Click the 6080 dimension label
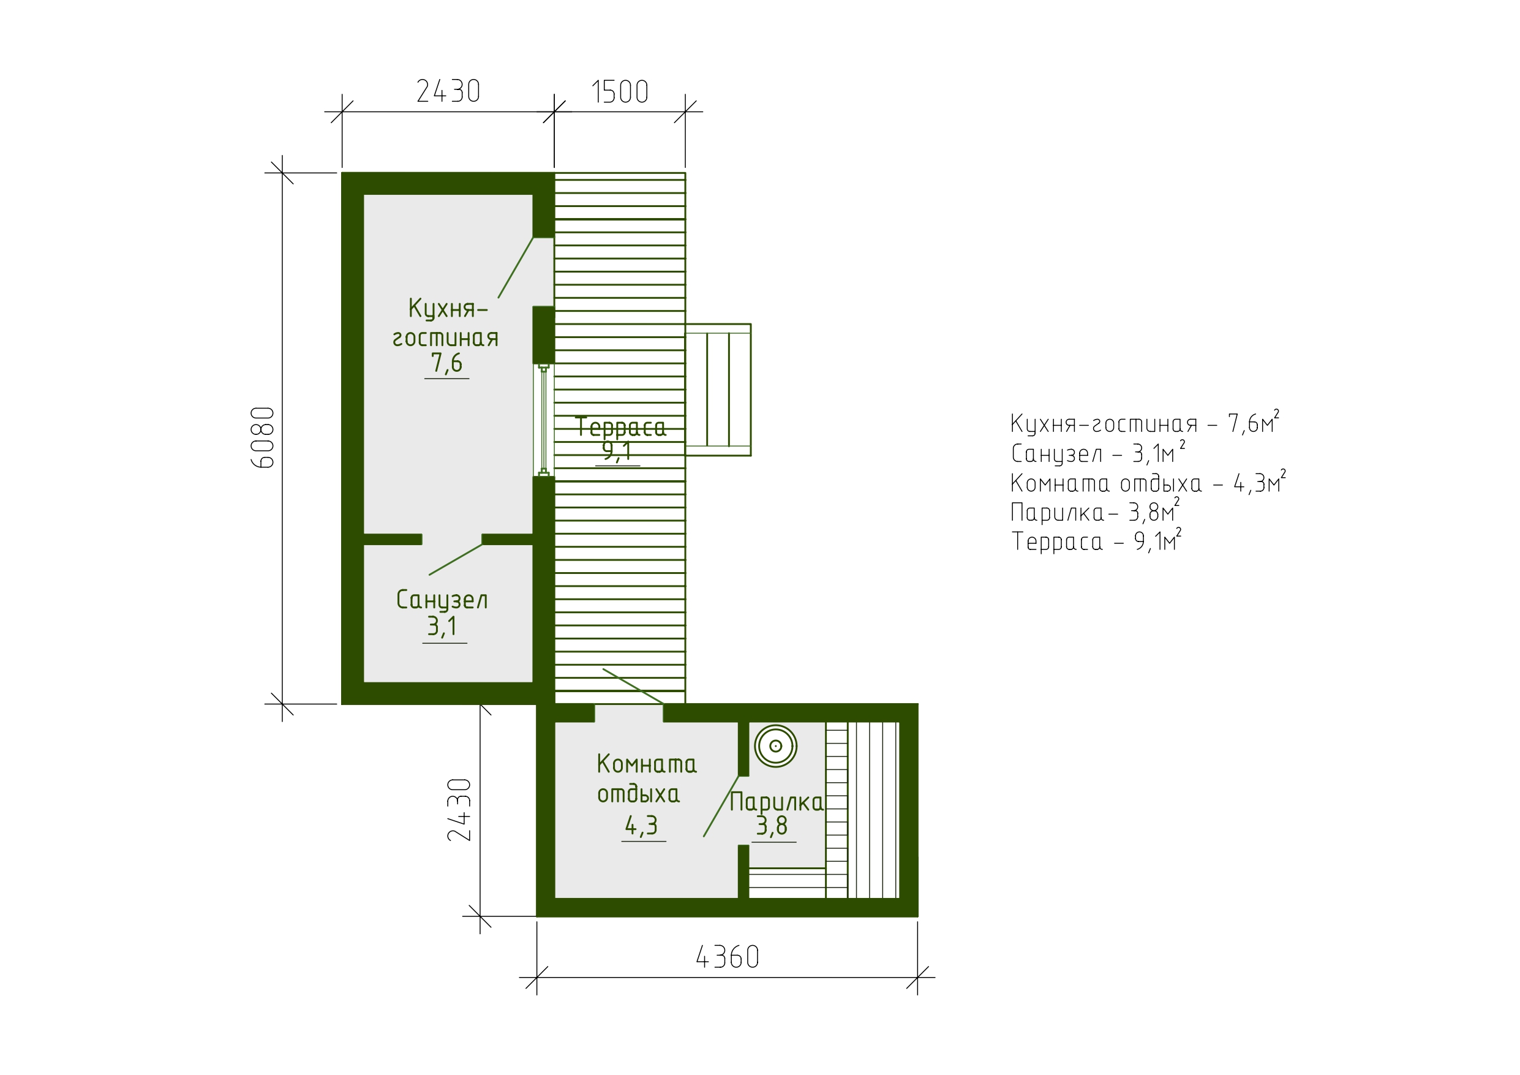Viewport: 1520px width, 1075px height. [x=263, y=437]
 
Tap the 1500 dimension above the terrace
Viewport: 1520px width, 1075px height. [x=620, y=92]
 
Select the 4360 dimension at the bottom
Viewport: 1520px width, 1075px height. [x=727, y=958]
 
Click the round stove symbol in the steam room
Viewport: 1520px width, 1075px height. [x=775, y=747]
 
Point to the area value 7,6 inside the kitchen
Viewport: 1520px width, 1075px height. [x=447, y=363]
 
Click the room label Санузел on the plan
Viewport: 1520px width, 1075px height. [x=442, y=600]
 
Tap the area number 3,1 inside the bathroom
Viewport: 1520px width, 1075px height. [x=442, y=626]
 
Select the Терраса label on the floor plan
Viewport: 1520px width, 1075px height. [x=620, y=426]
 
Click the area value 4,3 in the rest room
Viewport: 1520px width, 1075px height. [x=641, y=825]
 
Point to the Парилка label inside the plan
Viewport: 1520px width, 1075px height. [x=776, y=802]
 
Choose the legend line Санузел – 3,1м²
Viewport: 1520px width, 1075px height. [x=1097, y=453]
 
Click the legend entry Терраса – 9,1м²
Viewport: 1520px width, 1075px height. [x=1096, y=541]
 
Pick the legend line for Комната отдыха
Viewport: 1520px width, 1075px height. [x=1148, y=483]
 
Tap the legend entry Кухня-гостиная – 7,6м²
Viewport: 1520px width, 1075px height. [x=1145, y=423]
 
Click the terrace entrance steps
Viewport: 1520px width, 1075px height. [x=718, y=390]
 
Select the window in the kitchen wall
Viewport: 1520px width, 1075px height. [x=544, y=420]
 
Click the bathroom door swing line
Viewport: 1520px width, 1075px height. [x=456, y=559]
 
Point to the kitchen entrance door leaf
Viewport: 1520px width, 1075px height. [x=516, y=268]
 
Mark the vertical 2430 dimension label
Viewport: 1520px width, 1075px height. [x=459, y=810]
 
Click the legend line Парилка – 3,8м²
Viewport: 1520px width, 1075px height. [x=1095, y=512]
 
